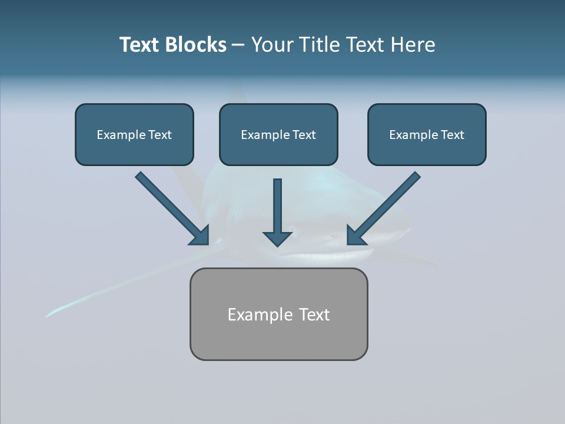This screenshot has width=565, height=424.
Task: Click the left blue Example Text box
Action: click(x=134, y=135)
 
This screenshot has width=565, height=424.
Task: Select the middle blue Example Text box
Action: click(x=278, y=135)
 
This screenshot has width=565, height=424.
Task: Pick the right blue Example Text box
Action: click(x=427, y=135)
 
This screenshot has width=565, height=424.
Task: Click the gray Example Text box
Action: click(x=278, y=314)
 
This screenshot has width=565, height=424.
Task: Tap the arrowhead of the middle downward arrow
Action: click(x=277, y=238)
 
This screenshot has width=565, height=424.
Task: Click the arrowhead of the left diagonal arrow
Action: click(x=200, y=236)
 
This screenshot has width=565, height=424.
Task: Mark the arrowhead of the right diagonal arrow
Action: click(x=356, y=236)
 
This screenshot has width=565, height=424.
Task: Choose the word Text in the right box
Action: click(x=452, y=135)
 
